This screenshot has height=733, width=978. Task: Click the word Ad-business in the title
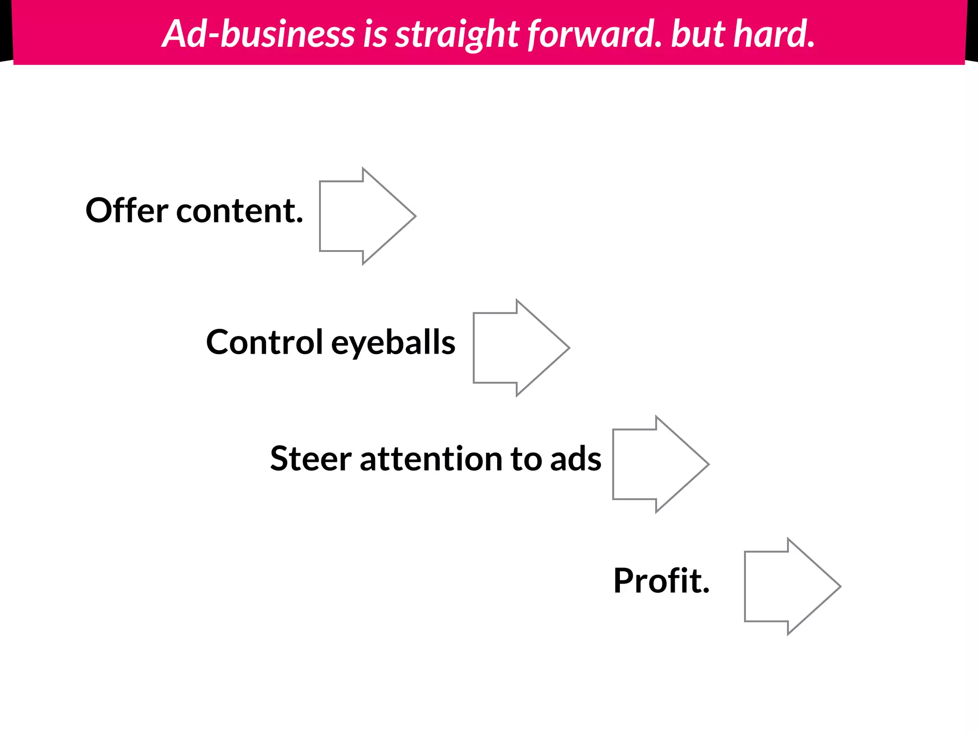tap(258, 34)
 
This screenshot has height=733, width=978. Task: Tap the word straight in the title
tap(457, 34)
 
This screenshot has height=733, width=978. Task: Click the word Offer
tap(127, 210)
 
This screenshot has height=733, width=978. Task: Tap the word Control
tap(265, 342)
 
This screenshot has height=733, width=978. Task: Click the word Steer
tap(311, 459)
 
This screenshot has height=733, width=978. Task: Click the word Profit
tap(661, 581)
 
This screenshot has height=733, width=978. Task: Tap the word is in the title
tap(375, 34)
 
